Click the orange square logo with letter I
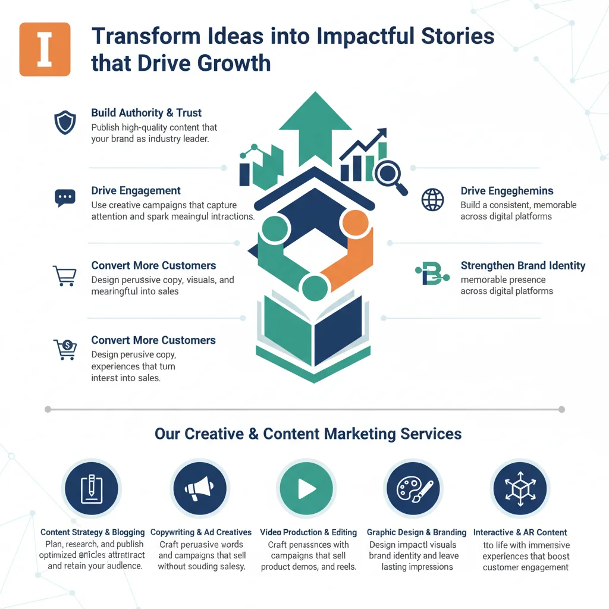pyautogui.click(x=45, y=49)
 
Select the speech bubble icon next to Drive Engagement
pyautogui.click(x=64, y=198)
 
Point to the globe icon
pyautogui.click(x=432, y=199)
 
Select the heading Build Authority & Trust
pyautogui.click(x=146, y=112)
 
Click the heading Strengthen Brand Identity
pyautogui.click(x=523, y=265)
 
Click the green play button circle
pyautogui.click(x=307, y=489)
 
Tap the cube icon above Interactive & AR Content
pyautogui.click(x=520, y=489)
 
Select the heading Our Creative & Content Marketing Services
pyautogui.click(x=308, y=433)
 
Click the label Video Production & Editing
pyautogui.click(x=308, y=532)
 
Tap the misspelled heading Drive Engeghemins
pyautogui.click(x=507, y=191)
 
